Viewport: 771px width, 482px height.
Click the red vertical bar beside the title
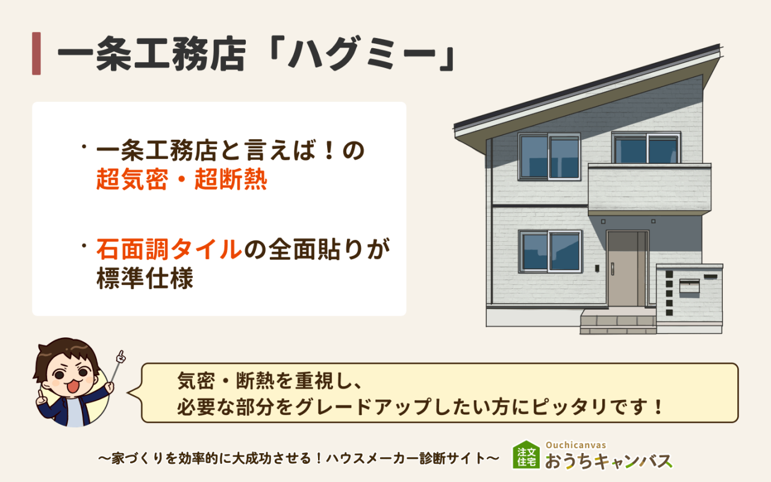tap(36, 54)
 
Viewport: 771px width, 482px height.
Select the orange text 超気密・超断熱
tap(181, 180)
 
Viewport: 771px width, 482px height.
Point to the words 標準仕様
tap(145, 280)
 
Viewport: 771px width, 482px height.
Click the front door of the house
tap(626, 269)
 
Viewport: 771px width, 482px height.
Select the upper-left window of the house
tap(549, 157)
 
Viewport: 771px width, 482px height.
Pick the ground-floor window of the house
tap(549, 251)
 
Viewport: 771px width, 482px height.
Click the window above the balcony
tap(646, 148)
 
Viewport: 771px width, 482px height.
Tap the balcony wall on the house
tap(649, 188)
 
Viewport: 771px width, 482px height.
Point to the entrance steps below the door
tap(617, 322)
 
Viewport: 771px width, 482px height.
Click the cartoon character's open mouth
tap(72, 386)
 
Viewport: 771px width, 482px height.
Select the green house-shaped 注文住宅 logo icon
tap(526, 455)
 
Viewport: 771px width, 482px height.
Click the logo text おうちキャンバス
tap(608, 462)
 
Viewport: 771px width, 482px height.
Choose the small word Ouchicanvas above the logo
tap(575, 445)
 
